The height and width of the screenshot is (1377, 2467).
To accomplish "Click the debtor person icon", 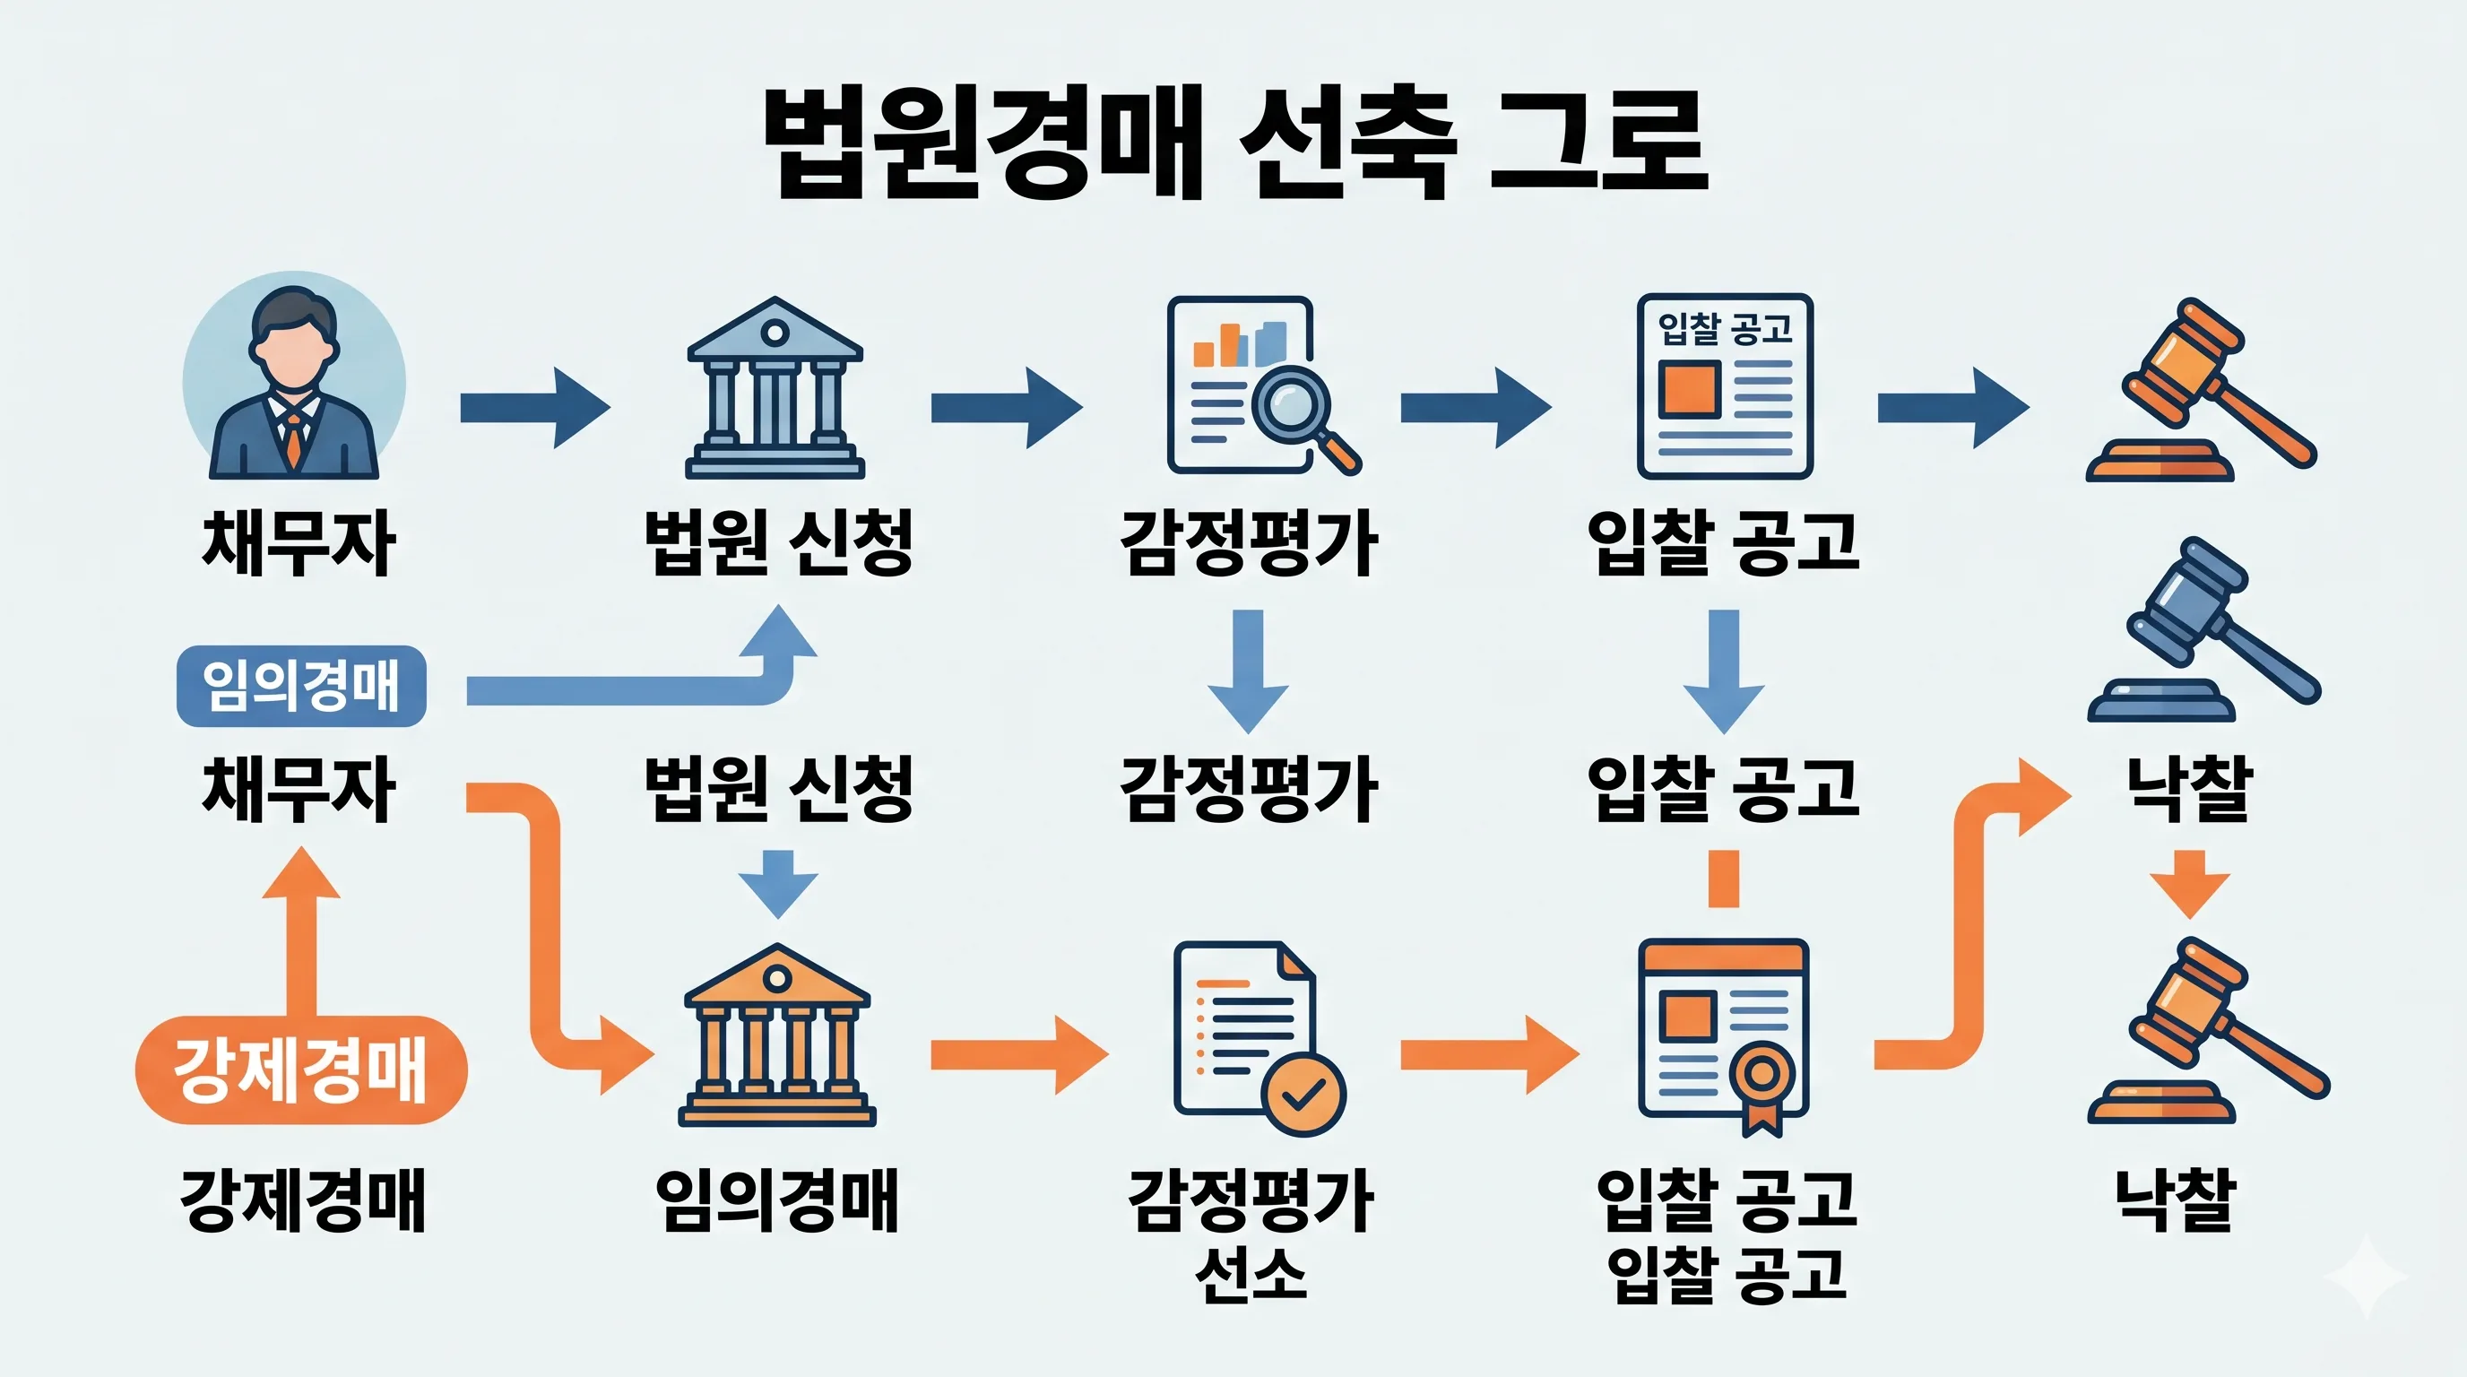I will pos(294,383).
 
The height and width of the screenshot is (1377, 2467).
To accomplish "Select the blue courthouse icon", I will pos(775,389).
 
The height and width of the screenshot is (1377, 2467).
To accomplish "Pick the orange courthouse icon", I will pos(776,1035).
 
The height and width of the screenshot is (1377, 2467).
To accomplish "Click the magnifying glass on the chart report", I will pos(1293,406).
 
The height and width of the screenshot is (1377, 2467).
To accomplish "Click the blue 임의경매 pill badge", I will pos(300,686).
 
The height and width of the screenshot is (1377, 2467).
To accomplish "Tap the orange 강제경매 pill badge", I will pos(300,1069).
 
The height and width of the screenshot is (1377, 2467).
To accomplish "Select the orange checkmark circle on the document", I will pos(1303,1094).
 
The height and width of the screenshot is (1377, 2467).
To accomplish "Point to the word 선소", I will pos(1251,1276).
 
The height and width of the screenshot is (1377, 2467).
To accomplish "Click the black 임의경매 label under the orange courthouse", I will pos(776,1199).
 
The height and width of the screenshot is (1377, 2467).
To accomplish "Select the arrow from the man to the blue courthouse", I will pos(534,407).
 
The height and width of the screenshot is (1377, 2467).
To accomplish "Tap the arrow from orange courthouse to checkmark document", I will pos(1019,1055).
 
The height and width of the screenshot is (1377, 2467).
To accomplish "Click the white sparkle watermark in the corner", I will pos(2366,1277).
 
